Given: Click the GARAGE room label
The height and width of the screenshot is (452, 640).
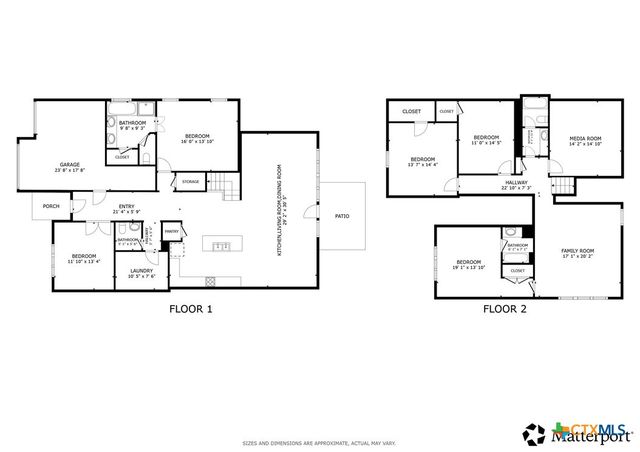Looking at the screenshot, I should point(69,164).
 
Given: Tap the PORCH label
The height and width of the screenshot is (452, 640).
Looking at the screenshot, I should point(51,207).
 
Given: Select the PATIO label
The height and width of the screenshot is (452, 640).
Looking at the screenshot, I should point(341,214).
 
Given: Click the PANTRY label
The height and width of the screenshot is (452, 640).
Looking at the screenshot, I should point(171,230).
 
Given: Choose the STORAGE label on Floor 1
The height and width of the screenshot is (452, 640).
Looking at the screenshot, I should point(190,181).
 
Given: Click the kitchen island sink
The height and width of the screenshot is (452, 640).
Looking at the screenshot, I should point(222,245).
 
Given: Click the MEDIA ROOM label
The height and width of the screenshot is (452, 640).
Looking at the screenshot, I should point(585,138).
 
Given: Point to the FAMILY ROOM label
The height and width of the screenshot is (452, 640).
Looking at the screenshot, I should point(577,250).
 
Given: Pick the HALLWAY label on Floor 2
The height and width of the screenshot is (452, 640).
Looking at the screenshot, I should point(516,183).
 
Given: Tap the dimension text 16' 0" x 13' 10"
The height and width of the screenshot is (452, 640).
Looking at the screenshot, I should point(197,143).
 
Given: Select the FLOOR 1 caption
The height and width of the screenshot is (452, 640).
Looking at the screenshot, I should point(191,309).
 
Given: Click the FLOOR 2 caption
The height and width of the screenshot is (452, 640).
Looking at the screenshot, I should point(505,309).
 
